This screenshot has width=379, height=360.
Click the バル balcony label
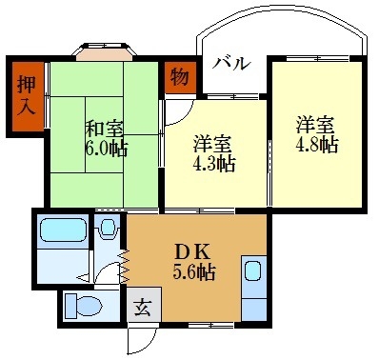click(x=231, y=64)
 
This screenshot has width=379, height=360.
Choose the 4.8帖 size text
click(x=316, y=145)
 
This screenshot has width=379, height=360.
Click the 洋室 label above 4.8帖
click(x=314, y=124)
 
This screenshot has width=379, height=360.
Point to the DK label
click(x=194, y=251)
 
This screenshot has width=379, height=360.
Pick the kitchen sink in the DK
click(x=254, y=270)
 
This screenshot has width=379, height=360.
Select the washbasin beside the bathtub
click(x=109, y=229)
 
